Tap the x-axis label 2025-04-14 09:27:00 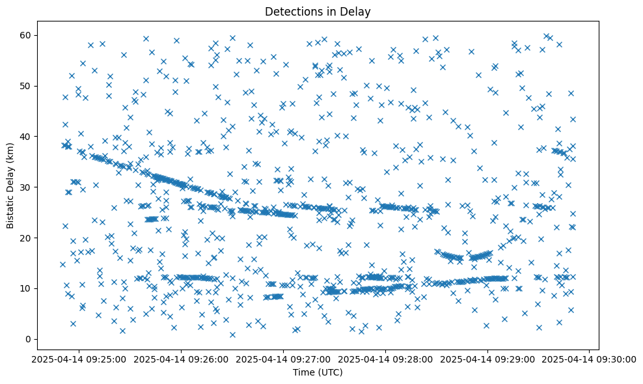coord(283,359)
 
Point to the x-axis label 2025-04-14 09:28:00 coord(385,359)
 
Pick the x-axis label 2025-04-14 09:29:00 coord(487,359)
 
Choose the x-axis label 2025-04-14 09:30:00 coord(590,359)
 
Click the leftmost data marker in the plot coord(62,264)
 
